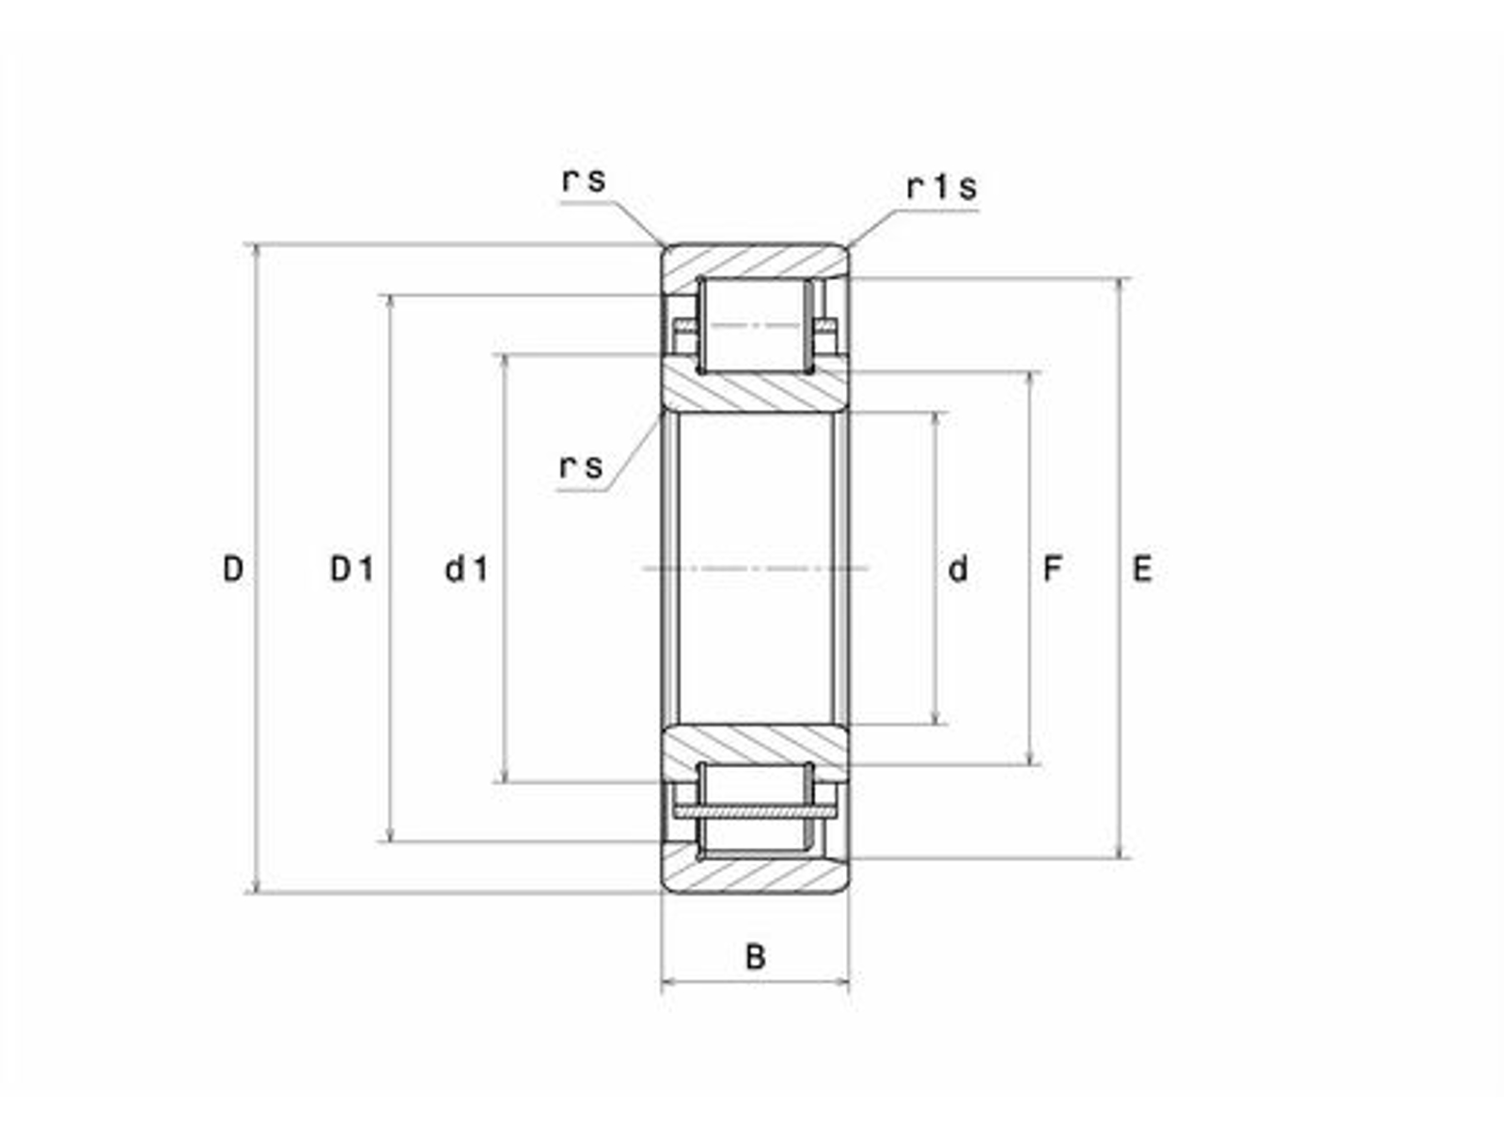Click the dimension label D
pyautogui.click(x=234, y=569)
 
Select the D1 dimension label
pyautogui.click(x=352, y=569)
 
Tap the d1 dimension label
pyautogui.click(x=466, y=569)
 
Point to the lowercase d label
pyautogui.click(x=958, y=569)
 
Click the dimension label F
pyautogui.click(x=1052, y=569)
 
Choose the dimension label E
pyautogui.click(x=1142, y=569)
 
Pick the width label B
pyautogui.click(x=755, y=956)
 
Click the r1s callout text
pyautogui.click(x=942, y=187)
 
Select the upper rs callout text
pyautogui.click(x=584, y=180)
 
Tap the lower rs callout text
pyautogui.click(x=582, y=467)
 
